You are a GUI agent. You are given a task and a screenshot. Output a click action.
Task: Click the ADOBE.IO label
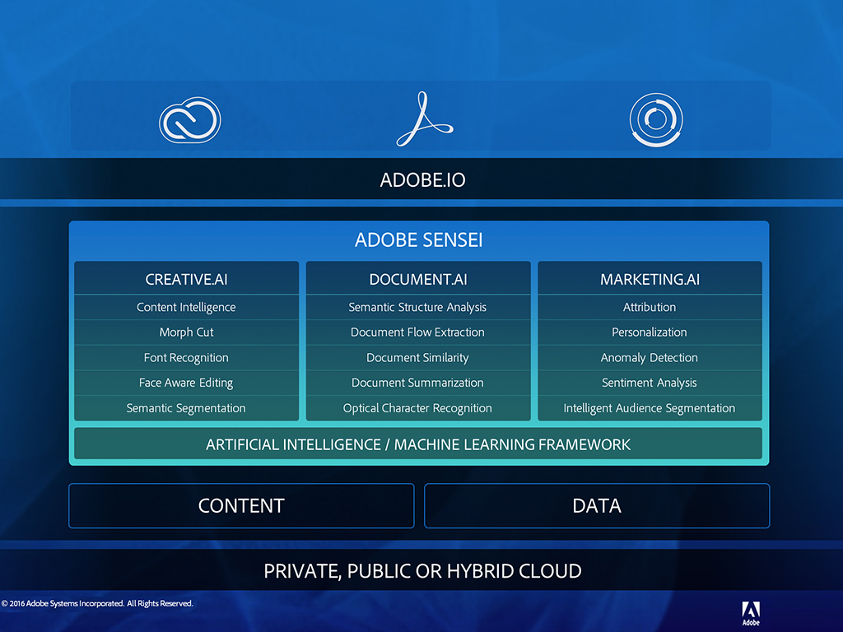click(x=422, y=180)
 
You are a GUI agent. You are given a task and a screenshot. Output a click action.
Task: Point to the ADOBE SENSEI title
click(x=419, y=239)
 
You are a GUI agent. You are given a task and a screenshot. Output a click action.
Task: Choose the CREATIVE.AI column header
click(x=187, y=280)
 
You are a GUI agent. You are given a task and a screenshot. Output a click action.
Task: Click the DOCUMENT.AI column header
click(x=418, y=280)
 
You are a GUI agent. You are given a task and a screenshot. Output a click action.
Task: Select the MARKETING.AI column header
click(x=650, y=280)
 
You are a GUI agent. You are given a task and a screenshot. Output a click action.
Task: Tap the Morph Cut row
click(x=187, y=332)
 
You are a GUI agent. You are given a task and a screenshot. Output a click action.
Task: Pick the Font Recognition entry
click(x=186, y=358)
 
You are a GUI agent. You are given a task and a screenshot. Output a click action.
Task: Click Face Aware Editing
click(x=186, y=383)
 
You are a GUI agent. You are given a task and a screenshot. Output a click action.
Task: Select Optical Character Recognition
click(x=417, y=408)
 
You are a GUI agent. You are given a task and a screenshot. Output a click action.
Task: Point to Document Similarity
click(x=417, y=358)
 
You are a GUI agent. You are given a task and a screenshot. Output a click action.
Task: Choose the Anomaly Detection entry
click(x=650, y=358)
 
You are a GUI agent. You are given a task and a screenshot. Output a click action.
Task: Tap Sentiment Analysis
click(x=650, y=383)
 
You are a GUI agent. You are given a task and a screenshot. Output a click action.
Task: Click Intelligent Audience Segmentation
click(x=650, y=408)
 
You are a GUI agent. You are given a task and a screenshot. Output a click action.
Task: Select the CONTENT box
click(x=241, y=506)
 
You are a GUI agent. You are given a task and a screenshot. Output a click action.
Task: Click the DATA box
click(x=597, y=506)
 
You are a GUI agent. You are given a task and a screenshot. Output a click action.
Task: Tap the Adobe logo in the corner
click(x=751, y=613)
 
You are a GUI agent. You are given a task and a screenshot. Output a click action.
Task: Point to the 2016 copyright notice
click(x=97, y=603)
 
